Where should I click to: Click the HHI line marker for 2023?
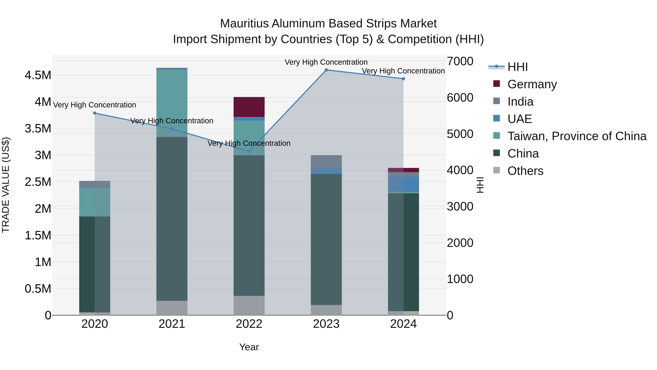point(326,70)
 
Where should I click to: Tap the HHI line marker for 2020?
point(95,113)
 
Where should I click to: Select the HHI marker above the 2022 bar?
point(249,151)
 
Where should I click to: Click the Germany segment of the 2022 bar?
point(249,107)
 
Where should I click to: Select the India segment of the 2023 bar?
point(326,162)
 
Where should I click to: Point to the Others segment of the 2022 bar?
point(249,305)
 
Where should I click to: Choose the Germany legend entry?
point(532,84)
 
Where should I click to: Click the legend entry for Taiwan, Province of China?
point(577,136)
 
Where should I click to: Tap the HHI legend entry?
point(518,67)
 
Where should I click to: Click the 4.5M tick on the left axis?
point(38,75)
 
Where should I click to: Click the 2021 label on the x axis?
point(172,324)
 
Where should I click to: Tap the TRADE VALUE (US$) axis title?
point(6,185)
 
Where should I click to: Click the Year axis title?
point(249,347)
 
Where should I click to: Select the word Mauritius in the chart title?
point(244,24)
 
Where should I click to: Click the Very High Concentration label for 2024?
point(403,71)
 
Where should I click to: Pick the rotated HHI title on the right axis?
point(480,185)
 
